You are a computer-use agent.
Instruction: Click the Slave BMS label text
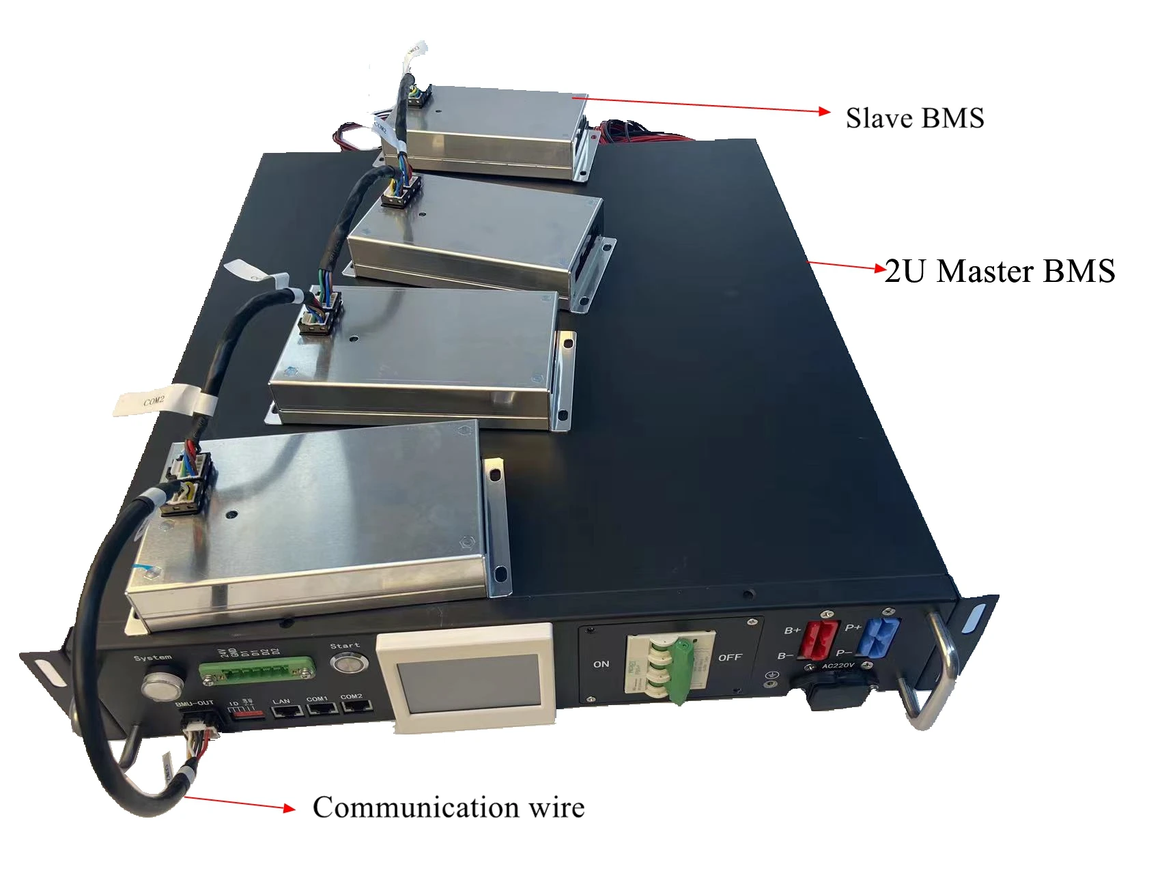[914, 118]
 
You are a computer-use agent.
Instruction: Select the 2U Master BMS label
[1000, 271]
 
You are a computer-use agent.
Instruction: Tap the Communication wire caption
[448, 807]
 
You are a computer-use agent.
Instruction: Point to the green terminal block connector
[257, 670]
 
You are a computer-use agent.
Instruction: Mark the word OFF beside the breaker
[729, 657]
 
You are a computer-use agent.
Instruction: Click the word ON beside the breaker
[601, 664]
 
